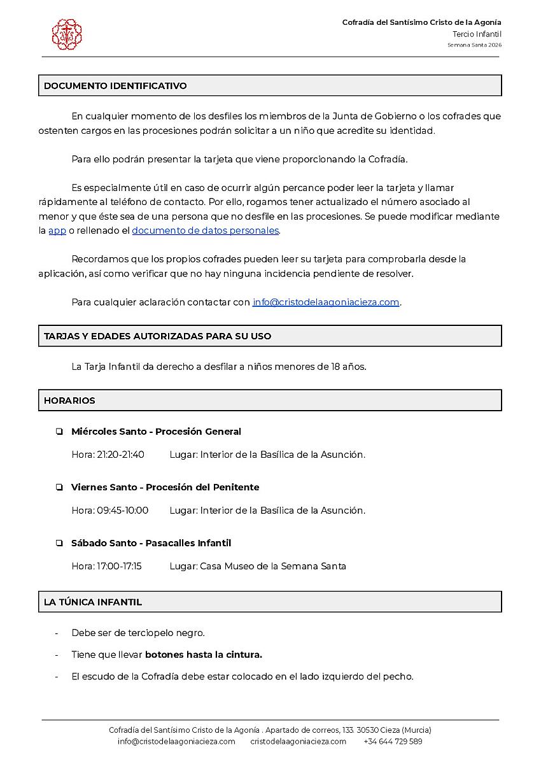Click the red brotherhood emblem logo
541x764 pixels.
(x=67, y=34)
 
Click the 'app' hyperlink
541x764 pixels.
(x=57, y=230)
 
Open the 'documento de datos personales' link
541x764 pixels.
(x=206, y=230)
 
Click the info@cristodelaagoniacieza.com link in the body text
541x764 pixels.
(x=326, y=302)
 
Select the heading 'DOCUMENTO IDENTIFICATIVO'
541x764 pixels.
(x=115, y=86)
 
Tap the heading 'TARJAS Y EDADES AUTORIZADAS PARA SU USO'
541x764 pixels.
(x=158, y=336)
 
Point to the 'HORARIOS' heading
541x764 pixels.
(x=69, y=400)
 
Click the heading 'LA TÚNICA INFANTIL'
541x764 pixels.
(x=93, y=602)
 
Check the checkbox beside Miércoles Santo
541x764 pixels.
(x=59, y=432)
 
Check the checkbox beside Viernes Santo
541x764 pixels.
(x=59, y=488)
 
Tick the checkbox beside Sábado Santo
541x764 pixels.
(x=59, y=544)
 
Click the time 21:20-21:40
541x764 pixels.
(x=120, y=455)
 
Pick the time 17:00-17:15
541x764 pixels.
(x=119, y=567)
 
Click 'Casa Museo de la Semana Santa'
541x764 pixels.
(x=273, y=567)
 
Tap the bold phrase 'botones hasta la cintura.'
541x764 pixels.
(x=204, y=654)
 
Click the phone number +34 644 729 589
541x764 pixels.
(x=393, y=742)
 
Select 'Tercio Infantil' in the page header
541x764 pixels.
(x=477, y=34)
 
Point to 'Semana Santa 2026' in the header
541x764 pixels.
(x=474, y=45)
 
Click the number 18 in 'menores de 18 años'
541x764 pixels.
(x=337, y=367)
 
